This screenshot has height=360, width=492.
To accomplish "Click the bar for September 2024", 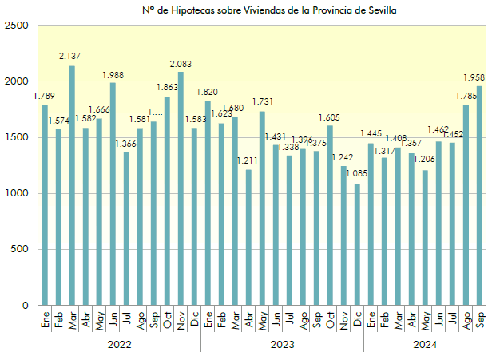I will [x=479, y=196].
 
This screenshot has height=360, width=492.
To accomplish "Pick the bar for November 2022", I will [x=181, y=188].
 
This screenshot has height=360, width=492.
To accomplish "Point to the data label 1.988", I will [x=113, y=75].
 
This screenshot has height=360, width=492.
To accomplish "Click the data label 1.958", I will [x=476, y=78].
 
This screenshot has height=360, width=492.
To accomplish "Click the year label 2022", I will [x=119, y=345].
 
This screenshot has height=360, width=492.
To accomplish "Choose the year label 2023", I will [x=282, y=345].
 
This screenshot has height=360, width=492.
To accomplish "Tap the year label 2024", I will [x=424, y=345].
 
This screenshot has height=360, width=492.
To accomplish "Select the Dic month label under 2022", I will [x=194, y=321].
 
